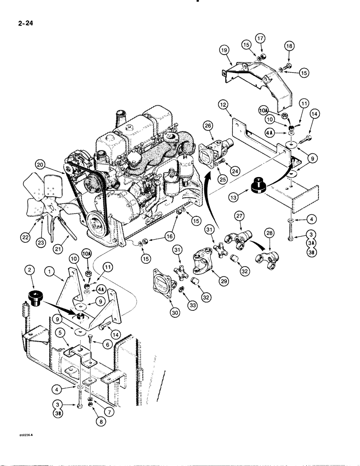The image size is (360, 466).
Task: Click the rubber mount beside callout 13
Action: tap(259, 185)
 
